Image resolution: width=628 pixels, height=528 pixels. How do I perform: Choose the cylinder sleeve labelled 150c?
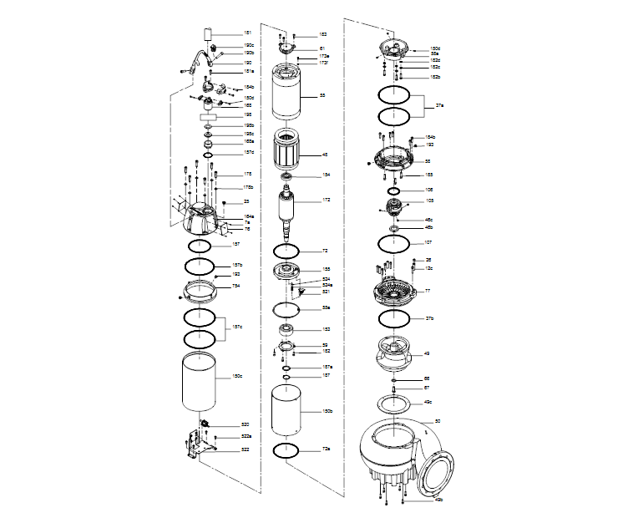[200, 380]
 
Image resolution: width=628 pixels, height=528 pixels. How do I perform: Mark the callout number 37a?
[441, 106]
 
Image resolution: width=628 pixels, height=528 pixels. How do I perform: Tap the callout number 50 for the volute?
[438, 420]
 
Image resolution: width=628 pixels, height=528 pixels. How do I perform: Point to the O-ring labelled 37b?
[393, 319]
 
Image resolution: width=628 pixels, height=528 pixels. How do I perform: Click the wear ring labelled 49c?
[393, 403]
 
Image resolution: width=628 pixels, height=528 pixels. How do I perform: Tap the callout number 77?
[427, 291]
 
